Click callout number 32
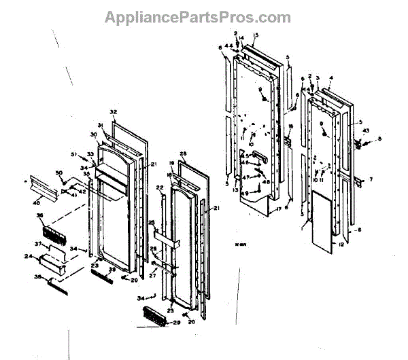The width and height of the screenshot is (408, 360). (114, 111)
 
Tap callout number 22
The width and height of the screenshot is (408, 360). (159, 187)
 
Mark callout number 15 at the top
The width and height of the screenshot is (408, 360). (256, 35)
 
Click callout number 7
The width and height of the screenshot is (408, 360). (371, 179)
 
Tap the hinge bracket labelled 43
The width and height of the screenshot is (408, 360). (358, 143)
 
